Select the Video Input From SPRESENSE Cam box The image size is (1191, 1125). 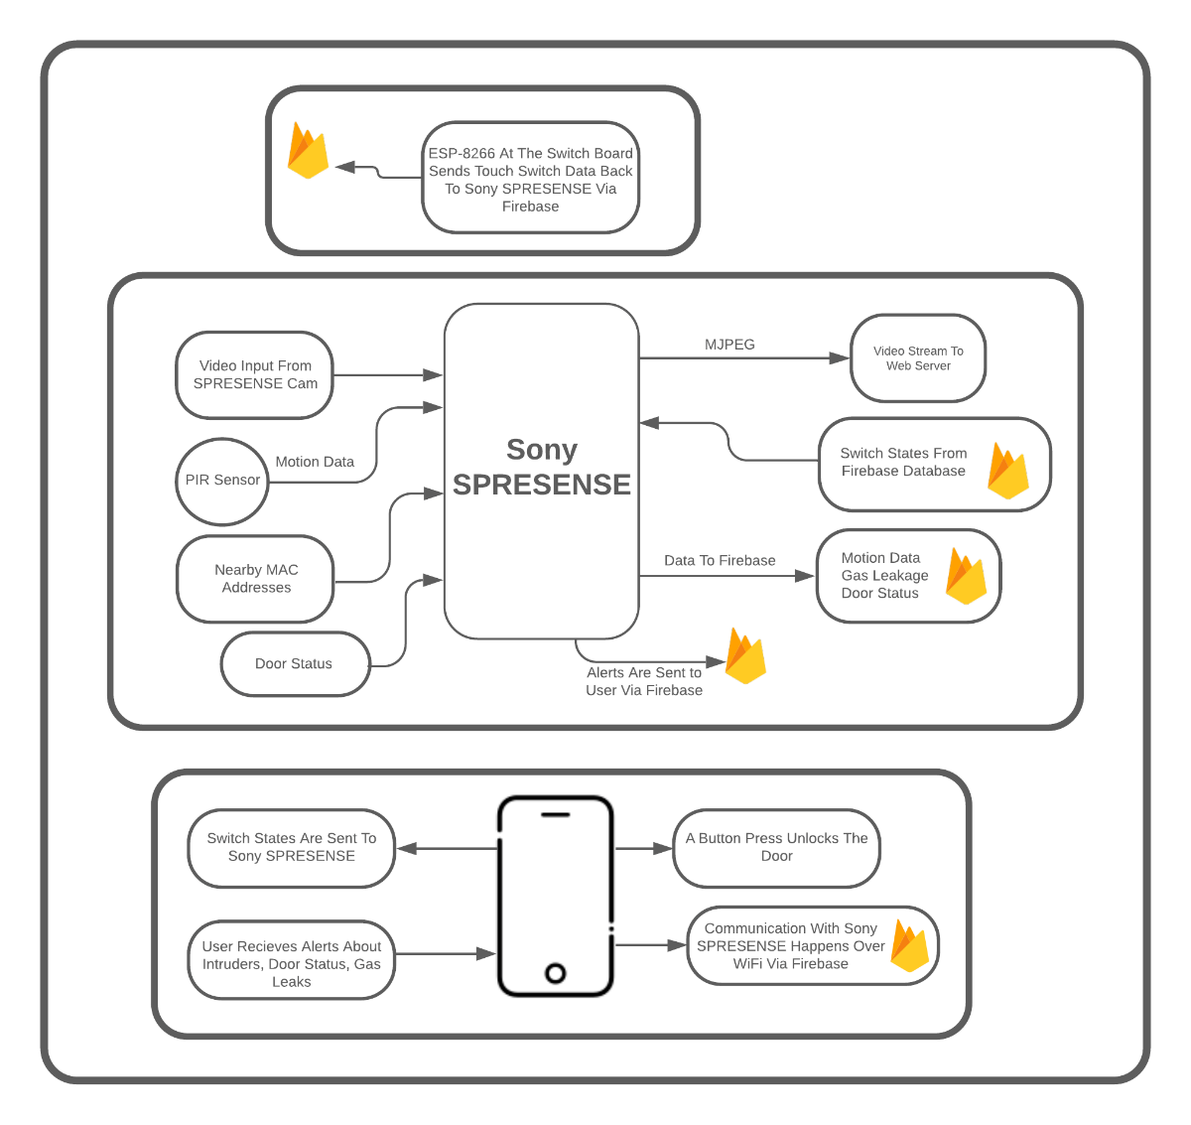click(x=254, y=375)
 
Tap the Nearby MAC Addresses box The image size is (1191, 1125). click(x=255, y=579)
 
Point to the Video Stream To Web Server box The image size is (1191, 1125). click(x=917, y=358)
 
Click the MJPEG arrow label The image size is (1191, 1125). click(x=729, y=345)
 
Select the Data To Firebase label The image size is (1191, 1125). click(x=719, y=560)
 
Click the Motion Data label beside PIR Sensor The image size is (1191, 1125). click(x=315, y=462)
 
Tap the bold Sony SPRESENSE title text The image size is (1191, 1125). click(x=542, y=467)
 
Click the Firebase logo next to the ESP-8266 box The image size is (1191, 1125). click(x=308, y=151)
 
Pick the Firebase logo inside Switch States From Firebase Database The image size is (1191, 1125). click(x=1008, y=471)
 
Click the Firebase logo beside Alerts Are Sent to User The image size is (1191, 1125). click(x=745, y=655)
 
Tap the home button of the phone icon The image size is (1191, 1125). click(x=556, y=973)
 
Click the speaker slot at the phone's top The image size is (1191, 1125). click(x=556, y=815)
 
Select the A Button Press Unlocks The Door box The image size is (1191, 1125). click(x=776, y=848)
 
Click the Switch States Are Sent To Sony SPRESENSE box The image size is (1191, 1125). click(x=292, y=848)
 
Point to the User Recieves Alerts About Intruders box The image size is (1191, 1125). click(x=292, y=960)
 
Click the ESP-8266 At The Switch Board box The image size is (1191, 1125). click(x=530, y=178)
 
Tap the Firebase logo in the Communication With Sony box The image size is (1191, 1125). click(x=910, y=945)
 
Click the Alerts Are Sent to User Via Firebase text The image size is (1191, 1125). click(x=643, y=681)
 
